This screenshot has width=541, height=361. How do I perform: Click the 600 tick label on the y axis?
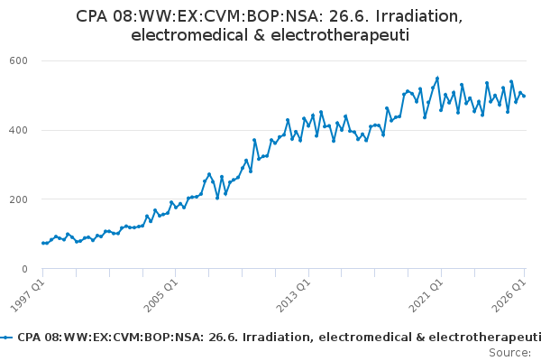tap(18, 60)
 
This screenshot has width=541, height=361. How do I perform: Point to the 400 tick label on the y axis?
tap(18, 130)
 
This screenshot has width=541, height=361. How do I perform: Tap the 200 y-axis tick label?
tap(18, 199)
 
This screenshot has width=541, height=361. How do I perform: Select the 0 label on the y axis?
tap(24, 269)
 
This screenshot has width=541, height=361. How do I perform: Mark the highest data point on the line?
tap(437, 79)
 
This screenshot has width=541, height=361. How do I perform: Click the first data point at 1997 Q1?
tap(42, 243)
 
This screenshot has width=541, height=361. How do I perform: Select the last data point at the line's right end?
tap(524, 96)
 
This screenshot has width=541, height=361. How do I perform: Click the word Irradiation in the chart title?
tap(419, 16)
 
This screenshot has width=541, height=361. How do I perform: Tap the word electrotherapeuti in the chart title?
tap(340, 36)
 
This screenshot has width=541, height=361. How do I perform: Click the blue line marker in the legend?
tap(6, 338)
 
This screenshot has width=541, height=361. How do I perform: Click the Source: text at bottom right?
tap(510, 353)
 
